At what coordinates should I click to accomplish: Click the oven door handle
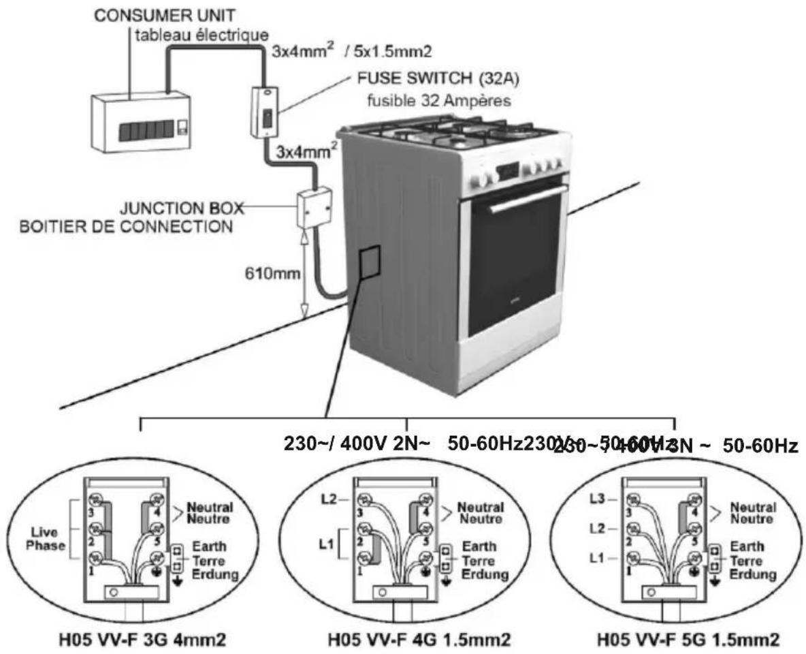[x=528, y=199]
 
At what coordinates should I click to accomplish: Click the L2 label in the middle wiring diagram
[x=329, y=501]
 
